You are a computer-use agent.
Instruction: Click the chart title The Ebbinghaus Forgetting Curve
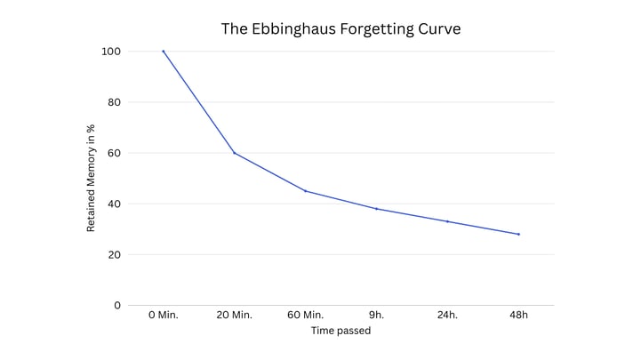tap(341, 28)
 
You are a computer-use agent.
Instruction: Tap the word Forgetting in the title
tap(379, 29)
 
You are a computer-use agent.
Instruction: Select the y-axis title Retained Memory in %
tap(91, 179)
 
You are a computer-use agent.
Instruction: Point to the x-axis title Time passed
tap(341, 331)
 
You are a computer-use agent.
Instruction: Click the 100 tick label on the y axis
tap(109, 52)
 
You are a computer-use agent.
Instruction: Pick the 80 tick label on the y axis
tap(112, 102)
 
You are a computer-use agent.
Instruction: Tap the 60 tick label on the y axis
tap(112, 153)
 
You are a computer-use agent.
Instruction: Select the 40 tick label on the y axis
tap(112, 204)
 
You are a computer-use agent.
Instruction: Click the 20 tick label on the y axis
tap(112, 255)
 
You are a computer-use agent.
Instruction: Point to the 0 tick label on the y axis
tap(116, 306)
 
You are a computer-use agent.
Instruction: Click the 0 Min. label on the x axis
tap(164, 316)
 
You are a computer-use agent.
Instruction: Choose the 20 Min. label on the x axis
tap(235, 316)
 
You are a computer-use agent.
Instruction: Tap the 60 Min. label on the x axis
tap(306, 316)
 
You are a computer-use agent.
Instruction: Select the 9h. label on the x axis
tap(377, 316)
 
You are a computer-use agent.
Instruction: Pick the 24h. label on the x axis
tap(448, 316)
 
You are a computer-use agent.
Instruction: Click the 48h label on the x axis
tap(518, 316)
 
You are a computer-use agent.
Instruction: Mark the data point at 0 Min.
tap(164, 52)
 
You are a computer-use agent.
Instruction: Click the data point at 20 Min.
tap(235, 153)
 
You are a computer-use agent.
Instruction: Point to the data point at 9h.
tap(377, 209)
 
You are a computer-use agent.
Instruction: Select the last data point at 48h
tap(518, 234)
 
